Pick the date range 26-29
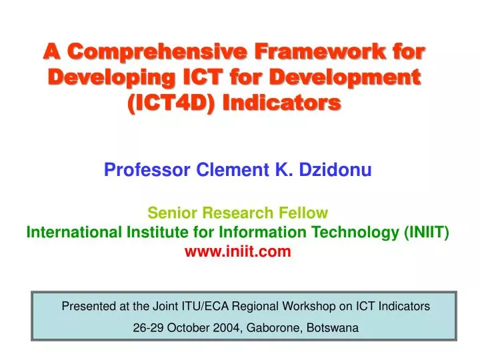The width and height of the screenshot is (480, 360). [149, 328]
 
